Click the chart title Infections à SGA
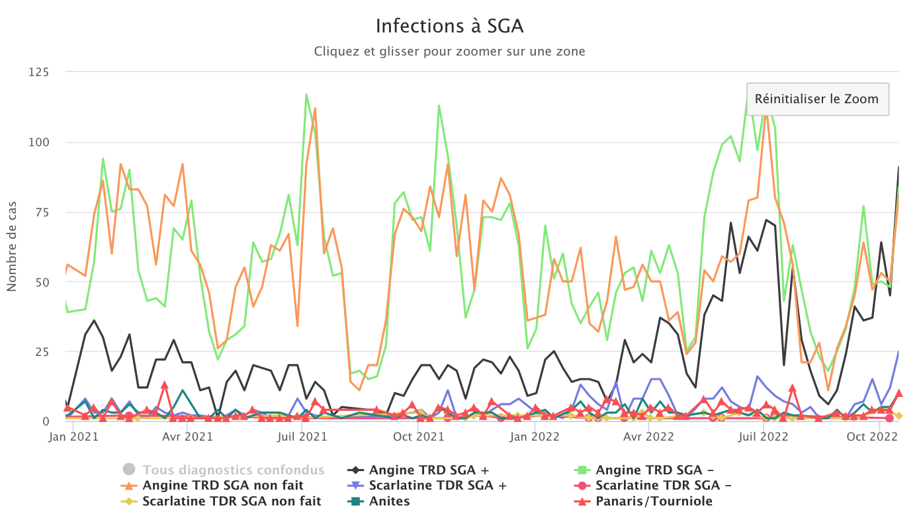(449, 26)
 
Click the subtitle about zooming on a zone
(449, 51)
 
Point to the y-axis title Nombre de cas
(12, 246)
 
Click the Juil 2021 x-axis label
(302, 437)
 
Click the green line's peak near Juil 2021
(306, 94)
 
